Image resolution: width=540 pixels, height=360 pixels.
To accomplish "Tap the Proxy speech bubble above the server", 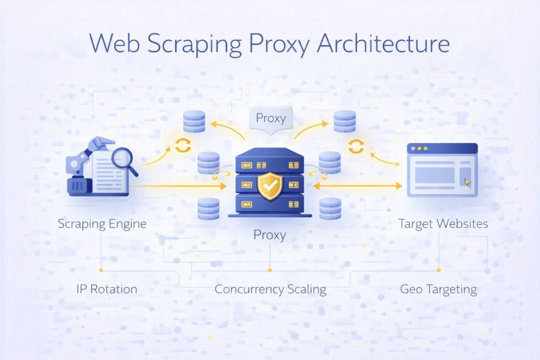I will pos(271,118).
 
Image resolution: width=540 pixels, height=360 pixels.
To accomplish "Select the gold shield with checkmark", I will pos(270,186).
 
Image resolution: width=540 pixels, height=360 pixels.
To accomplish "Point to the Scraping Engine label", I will pos(102,223).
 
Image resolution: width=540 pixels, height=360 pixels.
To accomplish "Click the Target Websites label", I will pos(443,223).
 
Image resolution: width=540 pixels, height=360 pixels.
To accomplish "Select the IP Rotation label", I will pos(106,289).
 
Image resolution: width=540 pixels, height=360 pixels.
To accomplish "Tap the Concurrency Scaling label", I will pos(270,289).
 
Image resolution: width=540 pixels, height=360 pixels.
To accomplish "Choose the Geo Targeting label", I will pos(438,289).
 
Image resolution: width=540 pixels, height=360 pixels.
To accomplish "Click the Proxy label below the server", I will pos(269,235).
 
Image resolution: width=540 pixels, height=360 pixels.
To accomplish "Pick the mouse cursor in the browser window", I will pos(466,182).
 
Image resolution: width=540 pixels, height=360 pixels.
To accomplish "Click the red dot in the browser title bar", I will pos(413,149).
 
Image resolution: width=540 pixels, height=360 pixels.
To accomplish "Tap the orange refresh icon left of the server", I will pos(182,145).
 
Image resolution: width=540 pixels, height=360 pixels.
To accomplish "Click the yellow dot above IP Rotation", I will pos(101,270).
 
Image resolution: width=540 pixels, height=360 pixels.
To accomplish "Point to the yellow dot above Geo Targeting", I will pos(438,270).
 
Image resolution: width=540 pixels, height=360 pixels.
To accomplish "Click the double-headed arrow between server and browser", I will pos(358,186).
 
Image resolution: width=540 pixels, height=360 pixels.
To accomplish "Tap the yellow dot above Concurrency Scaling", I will pos(269,270).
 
